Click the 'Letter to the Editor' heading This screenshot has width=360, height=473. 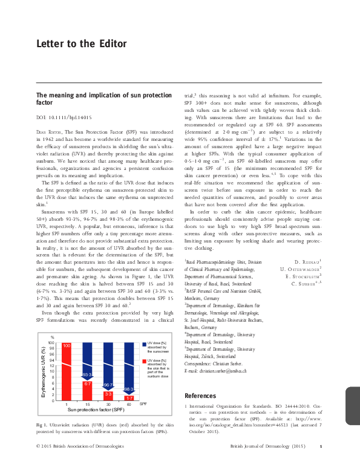click(81, 44)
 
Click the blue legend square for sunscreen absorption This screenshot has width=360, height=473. click(145, 344)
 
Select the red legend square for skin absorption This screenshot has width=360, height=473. click(145, 360)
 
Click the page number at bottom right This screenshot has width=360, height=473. click(321, 463)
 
